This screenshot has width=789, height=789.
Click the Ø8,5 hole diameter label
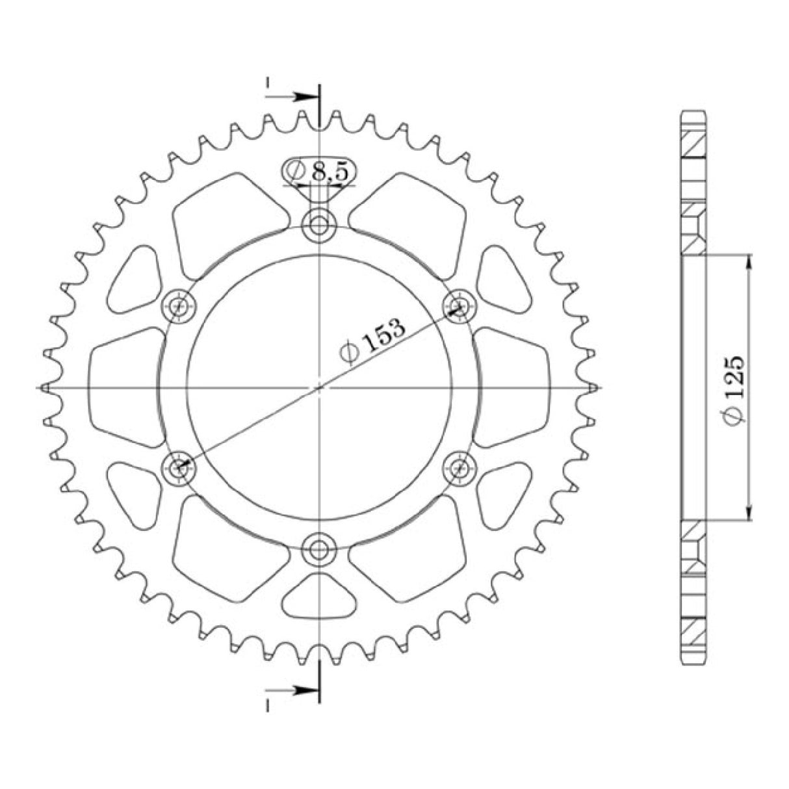pyautogui.click(x=320, y=172)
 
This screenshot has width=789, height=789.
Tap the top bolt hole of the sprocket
pyautogui.click(x=319, y=226)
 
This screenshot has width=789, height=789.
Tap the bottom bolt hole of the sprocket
pyautogui.click(x=318, y=549)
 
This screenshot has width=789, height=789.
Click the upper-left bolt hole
pyautogui.click(x=178, y=305)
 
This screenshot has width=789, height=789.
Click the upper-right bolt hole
pyautogui.click(x=459, y=305)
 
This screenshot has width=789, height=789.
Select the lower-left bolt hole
pyautogui.click(x=178, y=466)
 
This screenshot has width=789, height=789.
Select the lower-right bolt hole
pyautogui.click(x=459, y=466)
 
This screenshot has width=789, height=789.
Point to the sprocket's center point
pyautogui.click(x=319, y=387)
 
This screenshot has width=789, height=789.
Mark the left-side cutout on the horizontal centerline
pyautogui.click(x=123, y=387)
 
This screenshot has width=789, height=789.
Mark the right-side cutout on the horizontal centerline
pyautogui.click(x=513, y=387)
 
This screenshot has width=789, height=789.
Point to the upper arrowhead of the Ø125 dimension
pyautogui.click(x=751, y=261)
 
